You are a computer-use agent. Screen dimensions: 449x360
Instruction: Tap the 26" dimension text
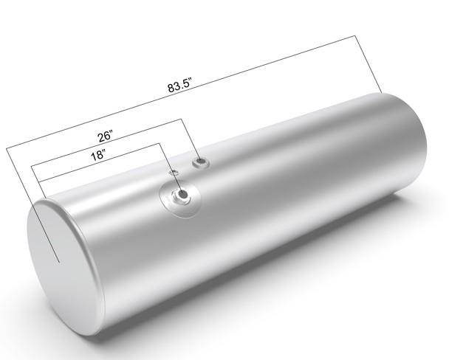coord(106,136)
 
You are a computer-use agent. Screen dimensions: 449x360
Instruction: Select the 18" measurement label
coord(98,155)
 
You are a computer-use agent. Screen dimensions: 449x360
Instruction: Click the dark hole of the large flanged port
coord(182,194)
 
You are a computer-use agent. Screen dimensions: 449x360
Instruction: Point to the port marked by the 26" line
coord(201,162)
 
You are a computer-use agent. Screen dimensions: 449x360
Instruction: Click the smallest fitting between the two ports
coord(174,173)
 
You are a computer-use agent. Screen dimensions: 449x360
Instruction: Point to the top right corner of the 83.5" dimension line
coord(355,35)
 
